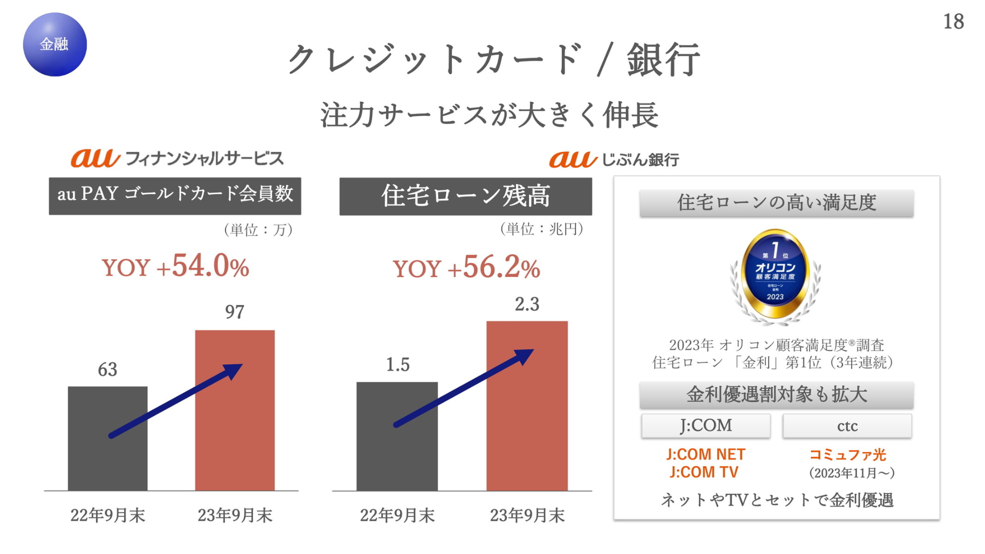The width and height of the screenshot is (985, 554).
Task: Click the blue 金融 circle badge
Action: point(55,45)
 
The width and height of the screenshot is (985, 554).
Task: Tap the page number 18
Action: point(954,22)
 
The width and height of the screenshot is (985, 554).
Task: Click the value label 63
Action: point(108,369)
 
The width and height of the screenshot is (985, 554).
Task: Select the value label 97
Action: point(235,312)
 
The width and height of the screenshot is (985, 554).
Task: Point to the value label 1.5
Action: point(398,365)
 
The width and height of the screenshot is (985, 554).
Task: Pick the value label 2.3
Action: point(527,304)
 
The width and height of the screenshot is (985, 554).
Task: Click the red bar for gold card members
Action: point(235,410)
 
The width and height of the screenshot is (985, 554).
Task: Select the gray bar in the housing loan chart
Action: point(397,437)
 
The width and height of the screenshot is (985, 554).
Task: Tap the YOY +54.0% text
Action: point(175,266)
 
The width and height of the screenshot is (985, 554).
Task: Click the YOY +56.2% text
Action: point(466,267)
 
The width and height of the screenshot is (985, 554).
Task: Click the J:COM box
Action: point(706,426)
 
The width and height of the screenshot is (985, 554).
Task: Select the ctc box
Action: point(848,426)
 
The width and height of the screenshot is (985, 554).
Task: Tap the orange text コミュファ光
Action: point(848,454)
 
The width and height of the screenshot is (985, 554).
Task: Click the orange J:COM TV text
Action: point(704,472)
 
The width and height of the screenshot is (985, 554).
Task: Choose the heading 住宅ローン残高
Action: point(466,196)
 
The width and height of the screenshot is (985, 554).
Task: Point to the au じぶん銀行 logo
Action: point(614,160)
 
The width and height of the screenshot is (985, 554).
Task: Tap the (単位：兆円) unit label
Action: point(542,229)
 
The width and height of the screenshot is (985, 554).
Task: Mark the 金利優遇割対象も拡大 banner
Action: point(777,395)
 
